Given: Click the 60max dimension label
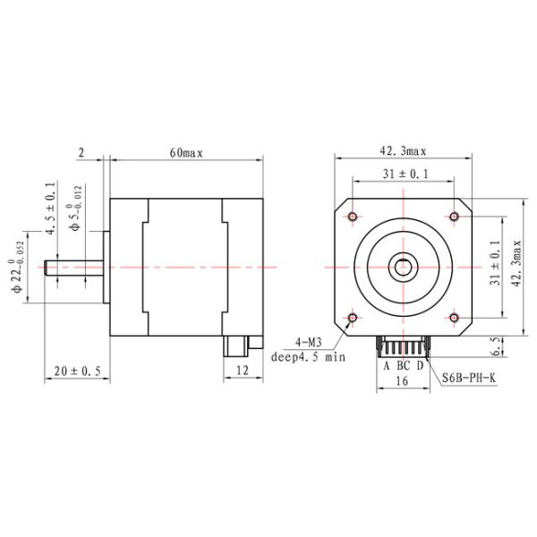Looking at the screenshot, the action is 186,153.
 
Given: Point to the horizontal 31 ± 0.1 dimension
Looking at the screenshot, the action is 404,174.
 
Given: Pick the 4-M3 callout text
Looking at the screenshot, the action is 308,342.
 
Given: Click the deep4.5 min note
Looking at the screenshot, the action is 308,356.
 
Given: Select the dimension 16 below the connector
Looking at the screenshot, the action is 402,380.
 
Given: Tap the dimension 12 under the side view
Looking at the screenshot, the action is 241,371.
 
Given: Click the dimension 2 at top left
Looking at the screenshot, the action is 81,153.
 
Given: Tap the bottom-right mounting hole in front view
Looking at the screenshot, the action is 455,318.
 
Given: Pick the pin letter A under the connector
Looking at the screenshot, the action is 387,364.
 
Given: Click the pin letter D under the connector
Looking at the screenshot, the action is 419,364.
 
